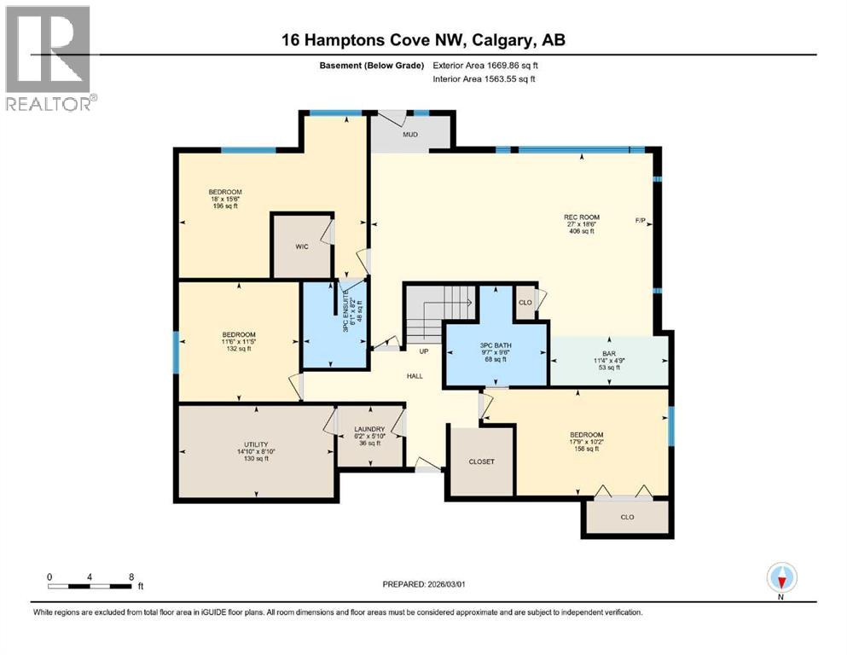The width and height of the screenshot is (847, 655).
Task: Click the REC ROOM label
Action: click(x=582, y=217)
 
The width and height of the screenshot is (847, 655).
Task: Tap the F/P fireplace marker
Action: click(x=641, y=221)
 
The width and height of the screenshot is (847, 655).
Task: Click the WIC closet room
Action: click(x=300, y=246)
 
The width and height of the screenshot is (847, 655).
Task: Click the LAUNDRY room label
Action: click(x=369, y=429)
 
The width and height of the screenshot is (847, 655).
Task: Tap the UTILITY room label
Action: click(x=256, y=444)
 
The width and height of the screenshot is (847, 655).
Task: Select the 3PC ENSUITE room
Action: click(x=335, y=325)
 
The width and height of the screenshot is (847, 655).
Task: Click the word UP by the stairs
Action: click(x=423, y=351)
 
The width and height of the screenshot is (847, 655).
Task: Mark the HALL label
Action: click(x=414, y=375)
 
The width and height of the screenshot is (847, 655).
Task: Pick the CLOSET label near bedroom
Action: click(x=481, y=461)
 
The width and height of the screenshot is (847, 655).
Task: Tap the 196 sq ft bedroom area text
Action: click(x=226, y=206)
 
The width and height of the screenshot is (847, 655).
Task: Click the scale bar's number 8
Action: click(x=131, y=577)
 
